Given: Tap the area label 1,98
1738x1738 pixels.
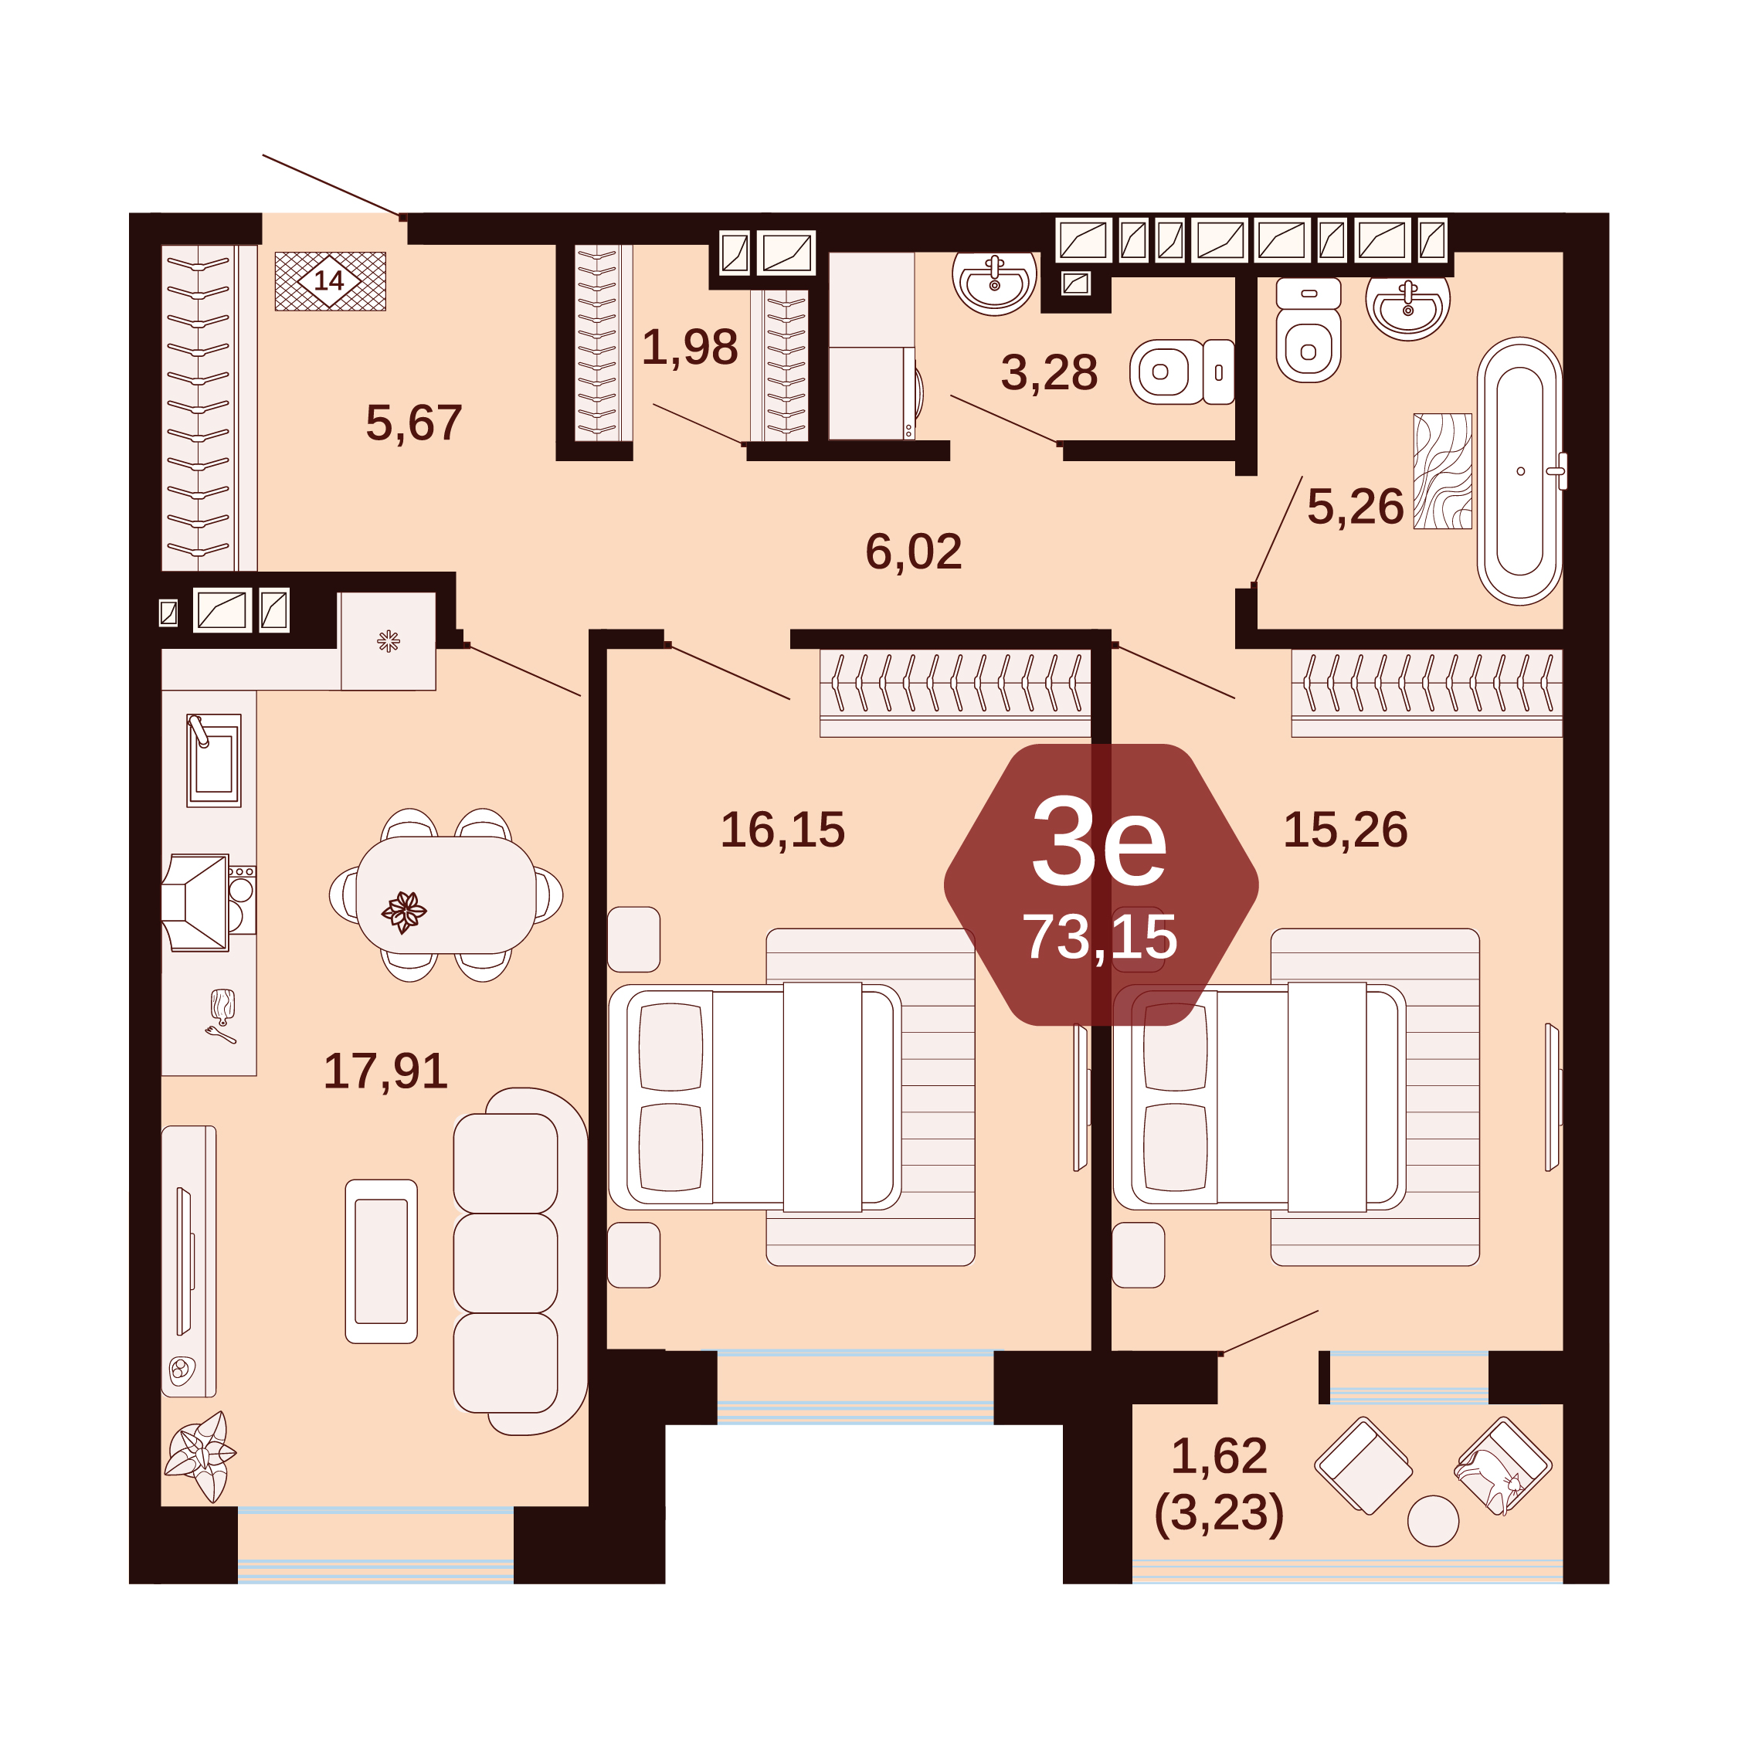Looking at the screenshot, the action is (x=690, y=348).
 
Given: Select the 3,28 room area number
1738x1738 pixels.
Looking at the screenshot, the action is (x=1049, y=372).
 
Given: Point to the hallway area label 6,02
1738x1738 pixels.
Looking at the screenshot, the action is (x=913, y=552).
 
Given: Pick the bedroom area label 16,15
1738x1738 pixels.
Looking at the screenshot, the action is (x=782, y=830).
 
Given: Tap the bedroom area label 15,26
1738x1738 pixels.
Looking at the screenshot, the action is (x=1345, y=830).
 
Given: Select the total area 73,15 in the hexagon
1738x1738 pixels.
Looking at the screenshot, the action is (x=1099, y=938).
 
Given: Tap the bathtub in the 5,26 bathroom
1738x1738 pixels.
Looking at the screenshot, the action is (x=1520, y=471).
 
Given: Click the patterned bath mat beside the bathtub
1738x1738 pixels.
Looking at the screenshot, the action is (x=1443, y=471).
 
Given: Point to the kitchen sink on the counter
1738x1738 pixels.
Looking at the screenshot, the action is (x=214, y=760).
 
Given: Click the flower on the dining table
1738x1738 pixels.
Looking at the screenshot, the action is (x=404, y=912).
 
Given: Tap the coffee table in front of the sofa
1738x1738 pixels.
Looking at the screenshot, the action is (x=382, y=1261).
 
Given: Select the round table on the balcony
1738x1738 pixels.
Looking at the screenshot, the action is (x=1433, y=1521).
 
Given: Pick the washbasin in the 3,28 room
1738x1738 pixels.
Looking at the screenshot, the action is (x=994, y=282).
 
